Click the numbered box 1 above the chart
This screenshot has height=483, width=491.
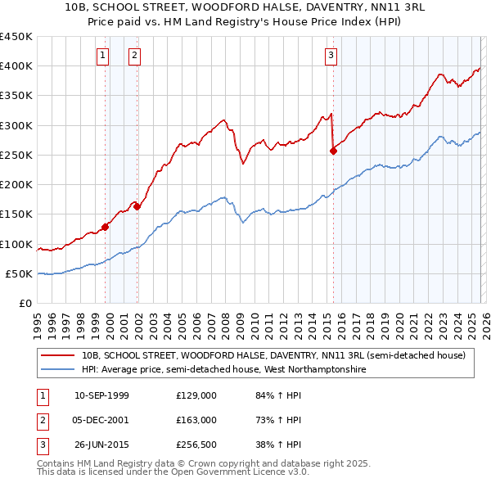102,56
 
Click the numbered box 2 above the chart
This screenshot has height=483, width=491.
133,56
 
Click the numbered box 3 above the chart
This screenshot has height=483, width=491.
330,56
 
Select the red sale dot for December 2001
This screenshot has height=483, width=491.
137,206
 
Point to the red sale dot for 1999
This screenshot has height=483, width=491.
105,227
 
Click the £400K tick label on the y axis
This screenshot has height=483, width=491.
16,66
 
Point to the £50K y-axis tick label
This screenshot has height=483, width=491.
20,273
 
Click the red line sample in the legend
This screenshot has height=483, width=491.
58,356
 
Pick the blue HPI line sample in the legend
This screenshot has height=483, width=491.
58,369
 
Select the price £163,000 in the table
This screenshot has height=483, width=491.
196,420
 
